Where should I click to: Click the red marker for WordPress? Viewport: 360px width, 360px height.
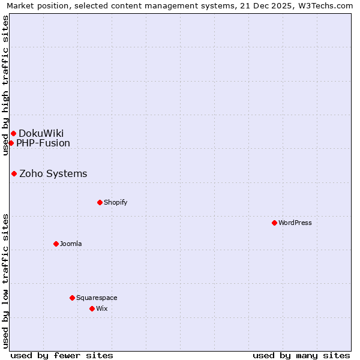274,223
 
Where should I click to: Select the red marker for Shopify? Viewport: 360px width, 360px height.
100,202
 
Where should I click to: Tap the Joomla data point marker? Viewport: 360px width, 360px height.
56,244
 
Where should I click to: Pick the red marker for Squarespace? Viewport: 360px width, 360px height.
72,298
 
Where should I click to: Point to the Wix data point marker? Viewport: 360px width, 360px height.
92,308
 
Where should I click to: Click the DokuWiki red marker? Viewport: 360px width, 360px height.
13,133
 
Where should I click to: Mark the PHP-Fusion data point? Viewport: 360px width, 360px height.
11,143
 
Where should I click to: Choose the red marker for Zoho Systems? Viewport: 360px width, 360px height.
14,173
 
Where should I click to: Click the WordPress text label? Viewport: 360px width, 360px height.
295,223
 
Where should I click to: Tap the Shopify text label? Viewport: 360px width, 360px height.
116,202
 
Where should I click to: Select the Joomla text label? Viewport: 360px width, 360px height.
71,244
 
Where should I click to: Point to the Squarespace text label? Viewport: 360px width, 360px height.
97,298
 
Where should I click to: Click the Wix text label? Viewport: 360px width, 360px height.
102,308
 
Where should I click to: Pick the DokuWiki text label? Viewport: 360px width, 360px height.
41,133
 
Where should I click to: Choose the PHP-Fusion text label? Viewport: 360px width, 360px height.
43,143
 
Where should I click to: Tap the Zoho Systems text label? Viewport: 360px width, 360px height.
53,173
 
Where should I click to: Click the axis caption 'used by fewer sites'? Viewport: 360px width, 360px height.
62,355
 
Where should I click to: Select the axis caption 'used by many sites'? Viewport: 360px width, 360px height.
301,355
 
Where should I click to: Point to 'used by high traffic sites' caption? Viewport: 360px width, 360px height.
6,85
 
